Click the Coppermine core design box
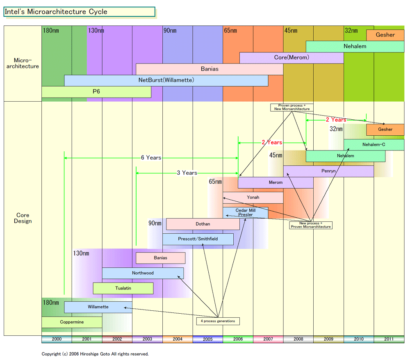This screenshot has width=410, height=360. coord(72,322)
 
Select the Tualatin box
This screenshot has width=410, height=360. coord(123,288)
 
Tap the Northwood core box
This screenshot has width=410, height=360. coord(143,273)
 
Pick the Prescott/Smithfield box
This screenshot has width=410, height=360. coord(198,239)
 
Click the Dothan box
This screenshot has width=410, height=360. coord(203,224)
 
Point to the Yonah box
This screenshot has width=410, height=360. coord(253,198)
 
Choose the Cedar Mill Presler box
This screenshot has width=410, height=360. coord(245,212)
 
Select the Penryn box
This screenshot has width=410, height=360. coord(328,171)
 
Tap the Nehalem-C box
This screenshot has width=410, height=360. coord(374,145)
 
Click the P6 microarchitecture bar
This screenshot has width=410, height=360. coord(96,92)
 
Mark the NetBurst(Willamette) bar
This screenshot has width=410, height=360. coord(166,80)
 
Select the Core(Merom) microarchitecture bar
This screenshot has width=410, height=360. coord(292,58)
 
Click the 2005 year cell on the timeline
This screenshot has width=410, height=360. coord(207,339)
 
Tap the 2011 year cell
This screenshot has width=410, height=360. coord(389,339)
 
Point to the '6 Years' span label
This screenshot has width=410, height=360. coord(151,158)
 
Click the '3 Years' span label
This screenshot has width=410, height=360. coord(187,173)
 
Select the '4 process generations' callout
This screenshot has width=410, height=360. coord(217,321)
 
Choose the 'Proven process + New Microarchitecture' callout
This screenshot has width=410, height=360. coord(292,107)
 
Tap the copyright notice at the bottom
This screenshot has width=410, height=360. coord(95,354)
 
